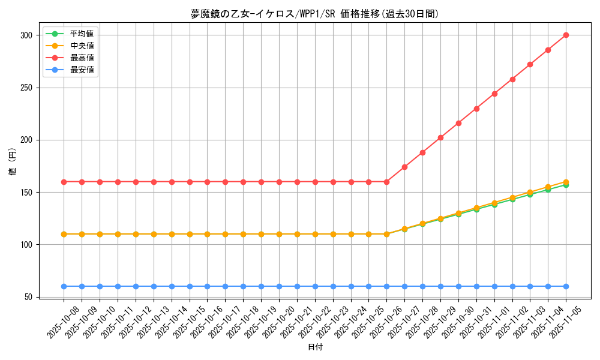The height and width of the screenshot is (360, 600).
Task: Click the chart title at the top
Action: (x=314, y=14)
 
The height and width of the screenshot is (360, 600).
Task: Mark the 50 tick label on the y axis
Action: (x=28, y=297)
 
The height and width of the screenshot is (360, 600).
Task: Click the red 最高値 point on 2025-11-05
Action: (x=566, y=35)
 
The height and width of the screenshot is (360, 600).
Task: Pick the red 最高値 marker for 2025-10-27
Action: (x=404, y=167)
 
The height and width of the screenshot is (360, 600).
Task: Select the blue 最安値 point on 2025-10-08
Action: (x=64, y=286)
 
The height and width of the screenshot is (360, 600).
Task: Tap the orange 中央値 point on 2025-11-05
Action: (x=566, y=181)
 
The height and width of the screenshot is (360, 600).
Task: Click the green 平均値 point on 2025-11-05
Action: (x=566, y=185)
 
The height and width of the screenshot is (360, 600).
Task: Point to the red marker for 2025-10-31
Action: (x=476, y=109)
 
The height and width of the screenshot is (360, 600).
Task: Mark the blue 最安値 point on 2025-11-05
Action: (x=566, y=286)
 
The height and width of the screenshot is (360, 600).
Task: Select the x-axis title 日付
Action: (x=314, y=347)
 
